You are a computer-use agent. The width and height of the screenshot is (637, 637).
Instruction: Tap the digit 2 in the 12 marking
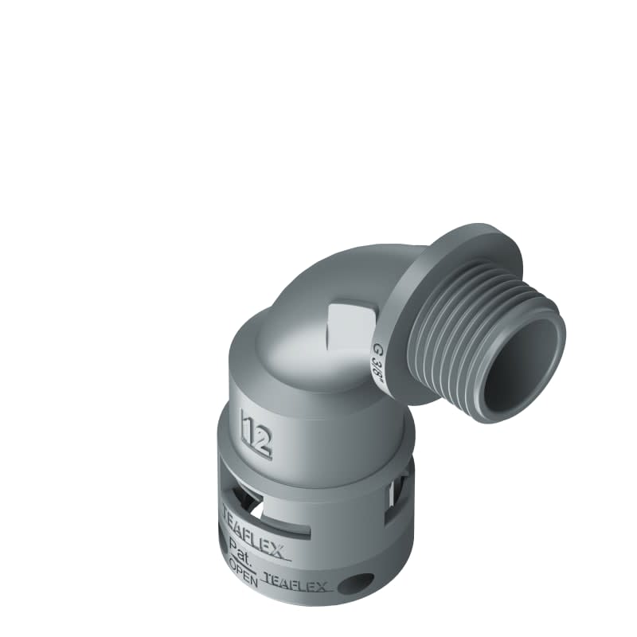[263, 436]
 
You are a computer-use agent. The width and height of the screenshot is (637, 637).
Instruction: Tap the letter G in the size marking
[377, 347]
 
